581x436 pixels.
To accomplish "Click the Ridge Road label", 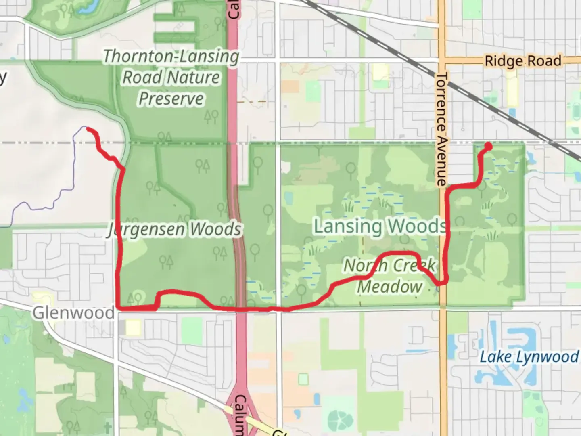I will click(x=522, y=61).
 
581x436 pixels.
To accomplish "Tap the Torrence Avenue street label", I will click(x=442, y=129).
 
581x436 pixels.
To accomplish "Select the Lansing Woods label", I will click(x=380, y=226).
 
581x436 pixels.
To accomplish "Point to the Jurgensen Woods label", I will click(x=175, y=229).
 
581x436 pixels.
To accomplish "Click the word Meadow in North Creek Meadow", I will click(x=390, y=287).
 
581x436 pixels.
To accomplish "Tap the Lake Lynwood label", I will click(x=529, y=357).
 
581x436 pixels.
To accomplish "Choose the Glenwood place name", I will click(x=73, y=313).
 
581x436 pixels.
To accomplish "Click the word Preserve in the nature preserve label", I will click(x=171, y=99).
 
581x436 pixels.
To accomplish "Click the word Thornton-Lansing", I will click(x=171, y=57).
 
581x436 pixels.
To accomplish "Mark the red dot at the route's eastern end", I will click(x=487, y=146).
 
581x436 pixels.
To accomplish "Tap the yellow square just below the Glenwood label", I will click(x=133, y=327).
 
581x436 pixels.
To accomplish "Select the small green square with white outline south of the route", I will click(x=303, y=379).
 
